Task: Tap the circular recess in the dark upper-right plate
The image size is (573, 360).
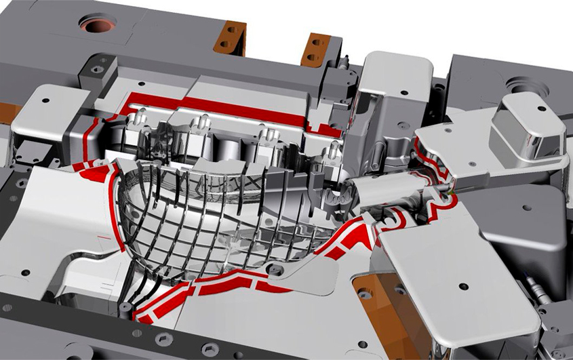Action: [522, 87]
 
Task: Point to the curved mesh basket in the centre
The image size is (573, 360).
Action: [217, 217]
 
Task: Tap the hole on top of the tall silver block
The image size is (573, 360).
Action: [405, 92]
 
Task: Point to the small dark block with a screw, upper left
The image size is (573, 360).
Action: [97, 70]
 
